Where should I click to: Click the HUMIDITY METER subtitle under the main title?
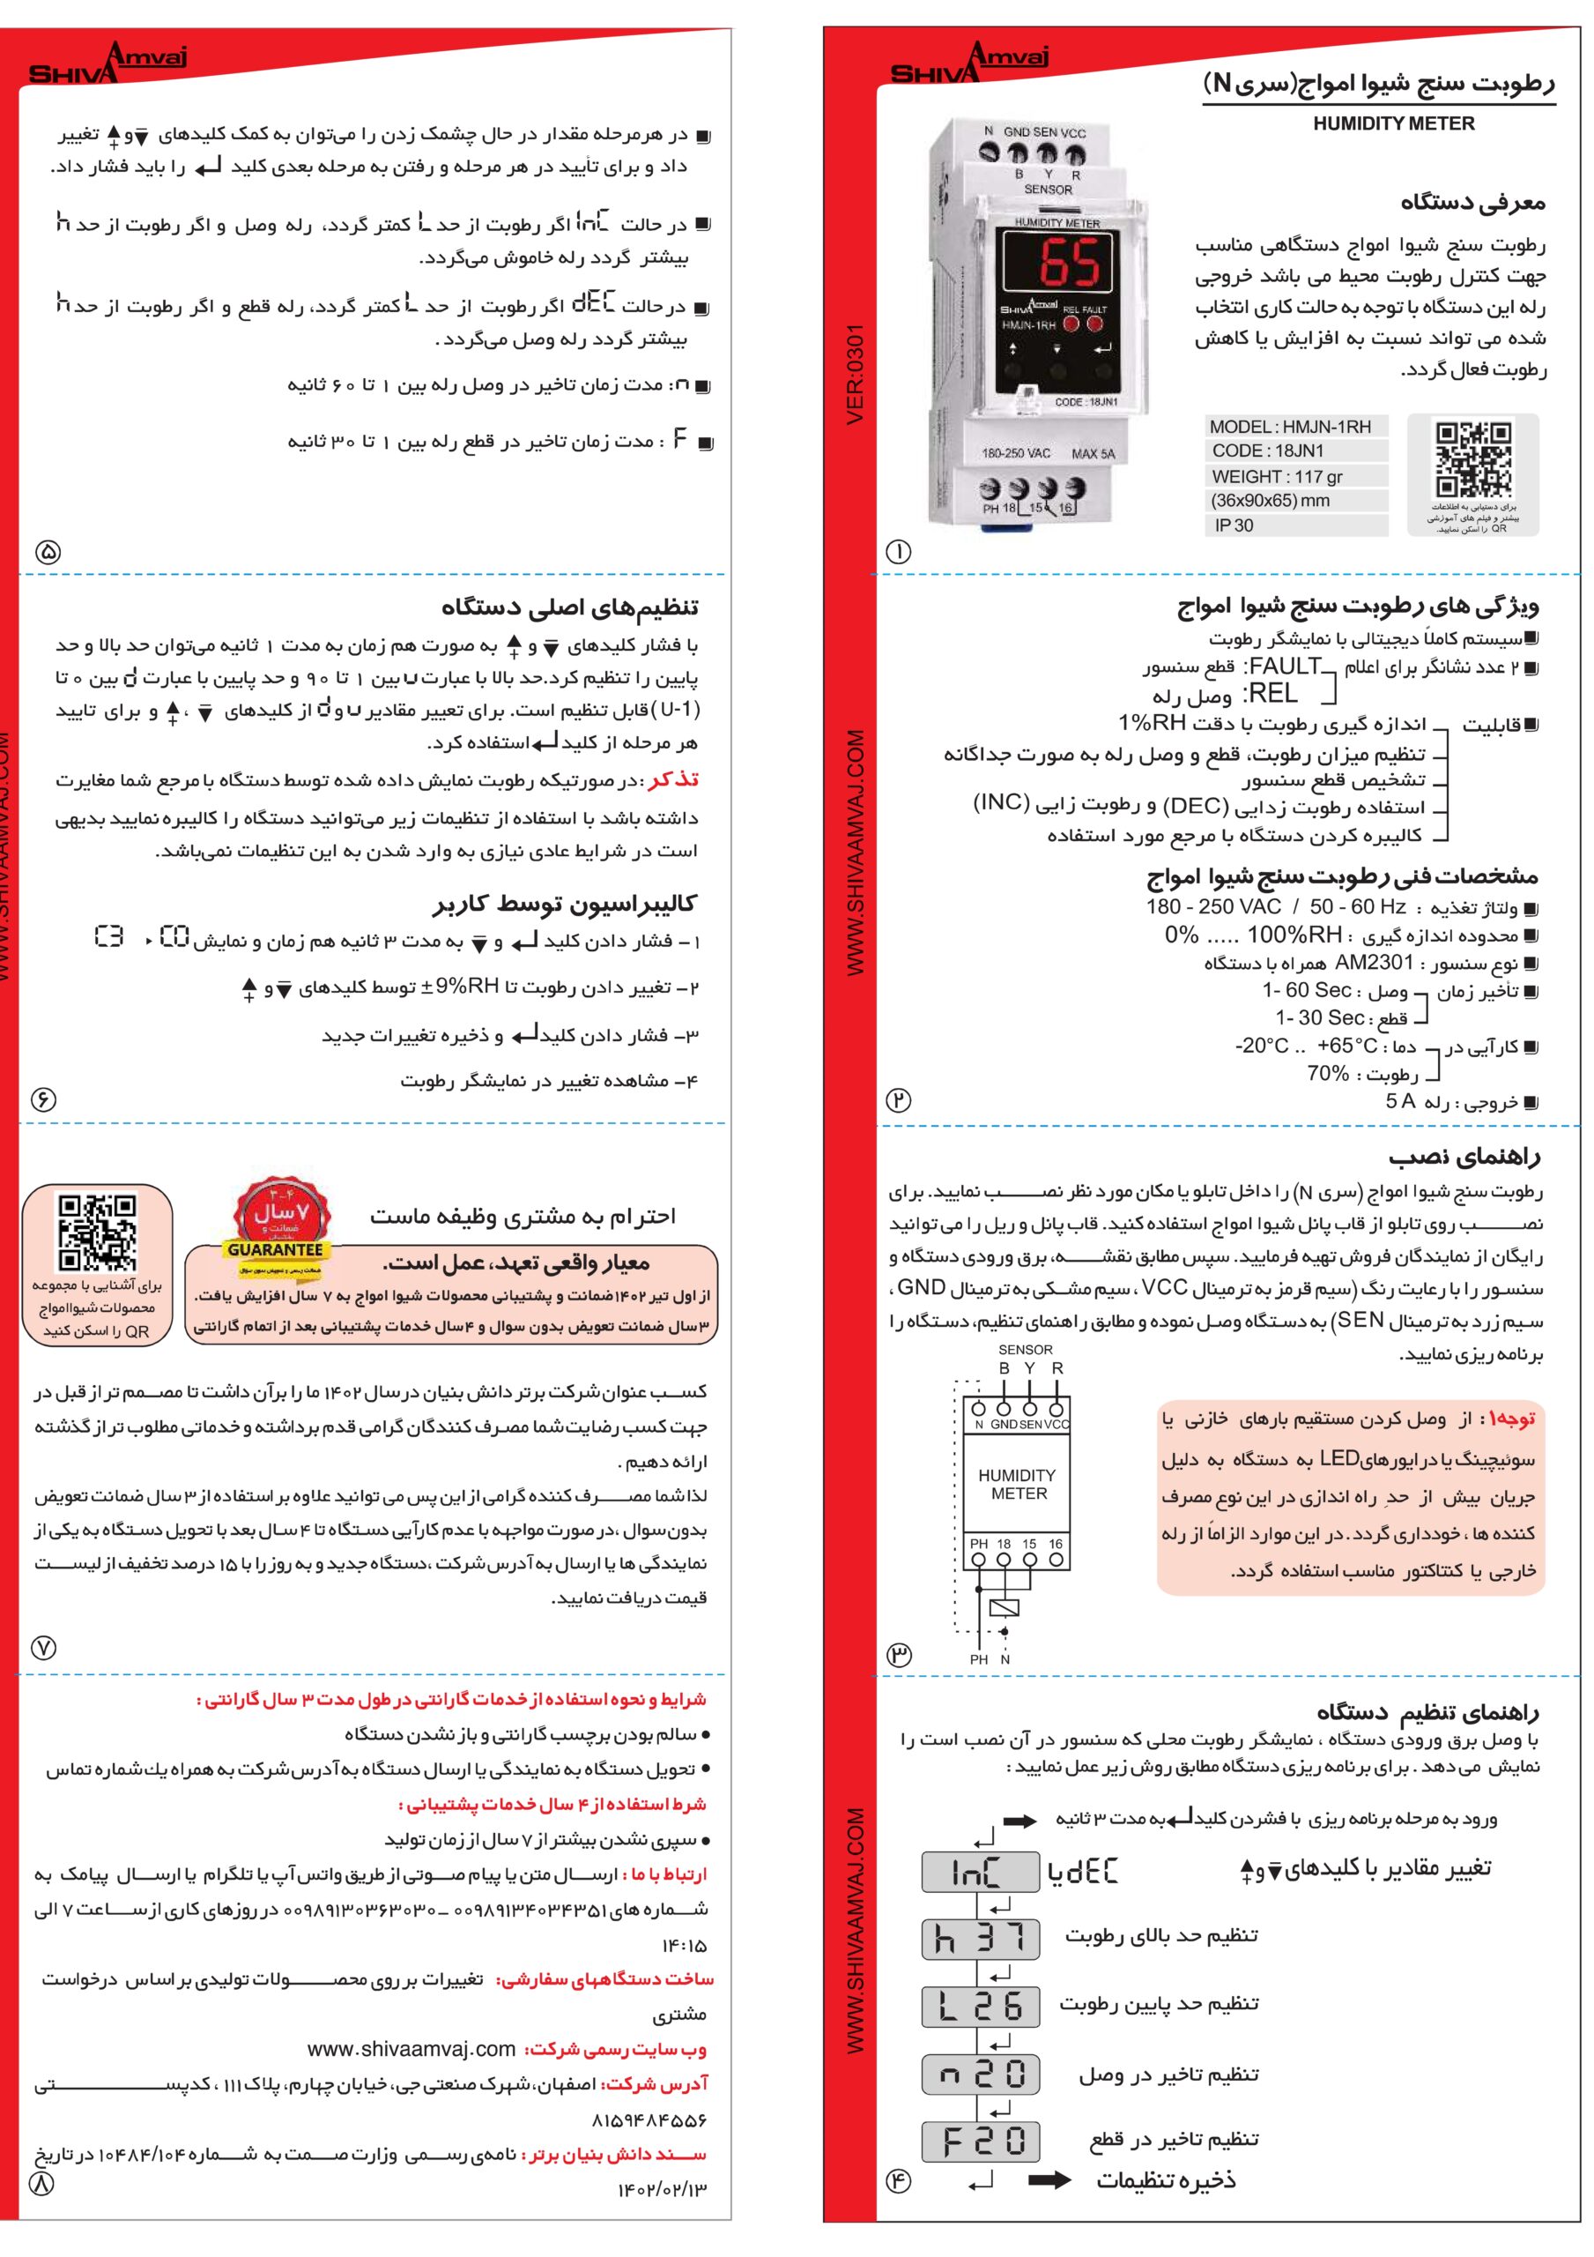[1392, 123]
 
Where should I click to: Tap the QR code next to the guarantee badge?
[97, 1232]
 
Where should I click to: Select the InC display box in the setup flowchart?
[980, 1872]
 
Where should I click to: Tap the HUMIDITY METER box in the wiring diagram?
[1018, 1485]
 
